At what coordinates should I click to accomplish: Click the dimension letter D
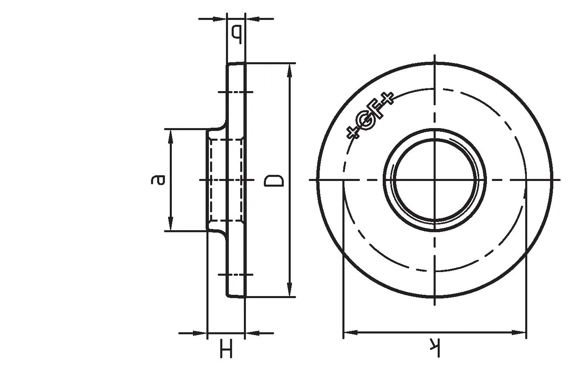point(274,181)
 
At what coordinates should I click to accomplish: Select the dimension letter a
point(158,180)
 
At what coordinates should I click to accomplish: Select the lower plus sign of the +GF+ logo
point(353,133)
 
